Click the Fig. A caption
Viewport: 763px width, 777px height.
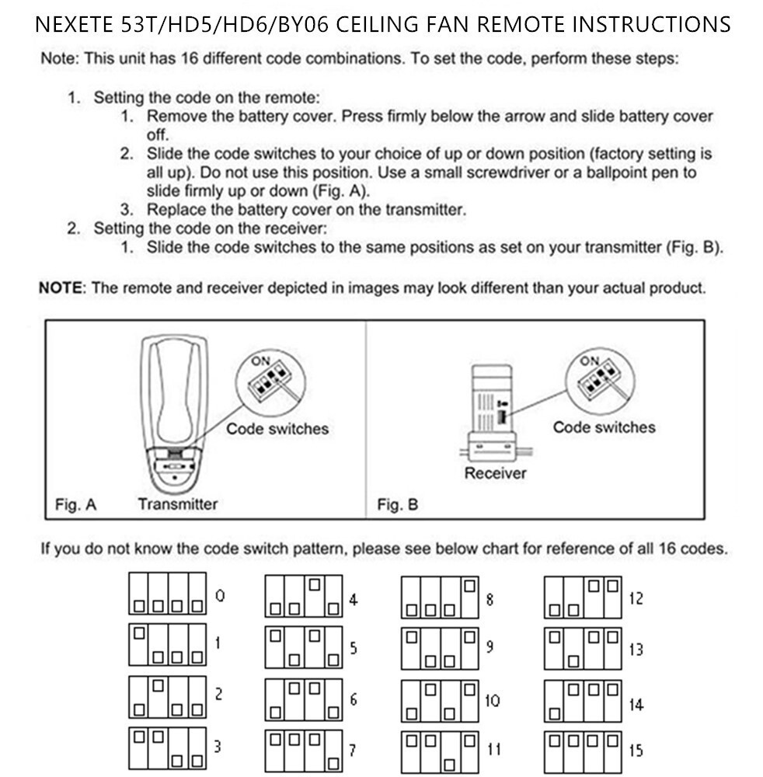pyautogui.click(x=75, y=504)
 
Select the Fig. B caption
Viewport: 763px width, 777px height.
pyautogui.click(x=397, y=505)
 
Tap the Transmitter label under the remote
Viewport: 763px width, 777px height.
pyautogui.click(x=178, y=503)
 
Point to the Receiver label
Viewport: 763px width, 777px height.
pyautogui.click(x=495, y=473)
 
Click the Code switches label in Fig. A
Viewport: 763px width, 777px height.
pyautogui.click(x=277, y=429)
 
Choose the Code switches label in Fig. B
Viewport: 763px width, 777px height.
pyautogui.click(x=604, y=427)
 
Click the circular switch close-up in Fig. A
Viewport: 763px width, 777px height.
pyautogui.click(x=268, y=381)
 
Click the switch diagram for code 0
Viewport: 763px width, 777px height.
pyautogui.click(x=167, y=594)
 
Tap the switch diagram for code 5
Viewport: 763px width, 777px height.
pyautogui.click(x=304, y=646)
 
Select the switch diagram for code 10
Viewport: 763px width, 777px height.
pyautogui.click(x=440, y=701)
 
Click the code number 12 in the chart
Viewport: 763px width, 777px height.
pyautogui.click(x=636, y=598)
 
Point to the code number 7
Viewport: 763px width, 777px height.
pyautogui.click(x=353, y=751)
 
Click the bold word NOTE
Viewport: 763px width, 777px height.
pyautogui.click(x=61, y=287)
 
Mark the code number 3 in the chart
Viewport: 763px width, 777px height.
pyautogui.click(x=218, y=747)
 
